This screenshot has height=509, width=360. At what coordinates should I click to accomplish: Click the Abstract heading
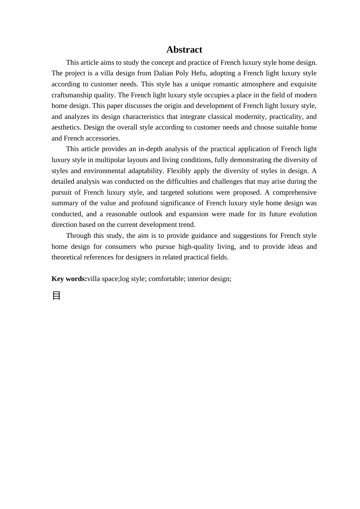[x=184, y=50]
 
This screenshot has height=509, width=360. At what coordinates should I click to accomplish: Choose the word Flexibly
[x=179, y=171]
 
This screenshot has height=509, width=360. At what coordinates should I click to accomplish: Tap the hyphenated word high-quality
[x=196, y=247]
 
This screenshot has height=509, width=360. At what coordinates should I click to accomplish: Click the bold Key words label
[x=69, y=279]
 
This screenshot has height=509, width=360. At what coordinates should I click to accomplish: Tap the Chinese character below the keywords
[x=56, y=295]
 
